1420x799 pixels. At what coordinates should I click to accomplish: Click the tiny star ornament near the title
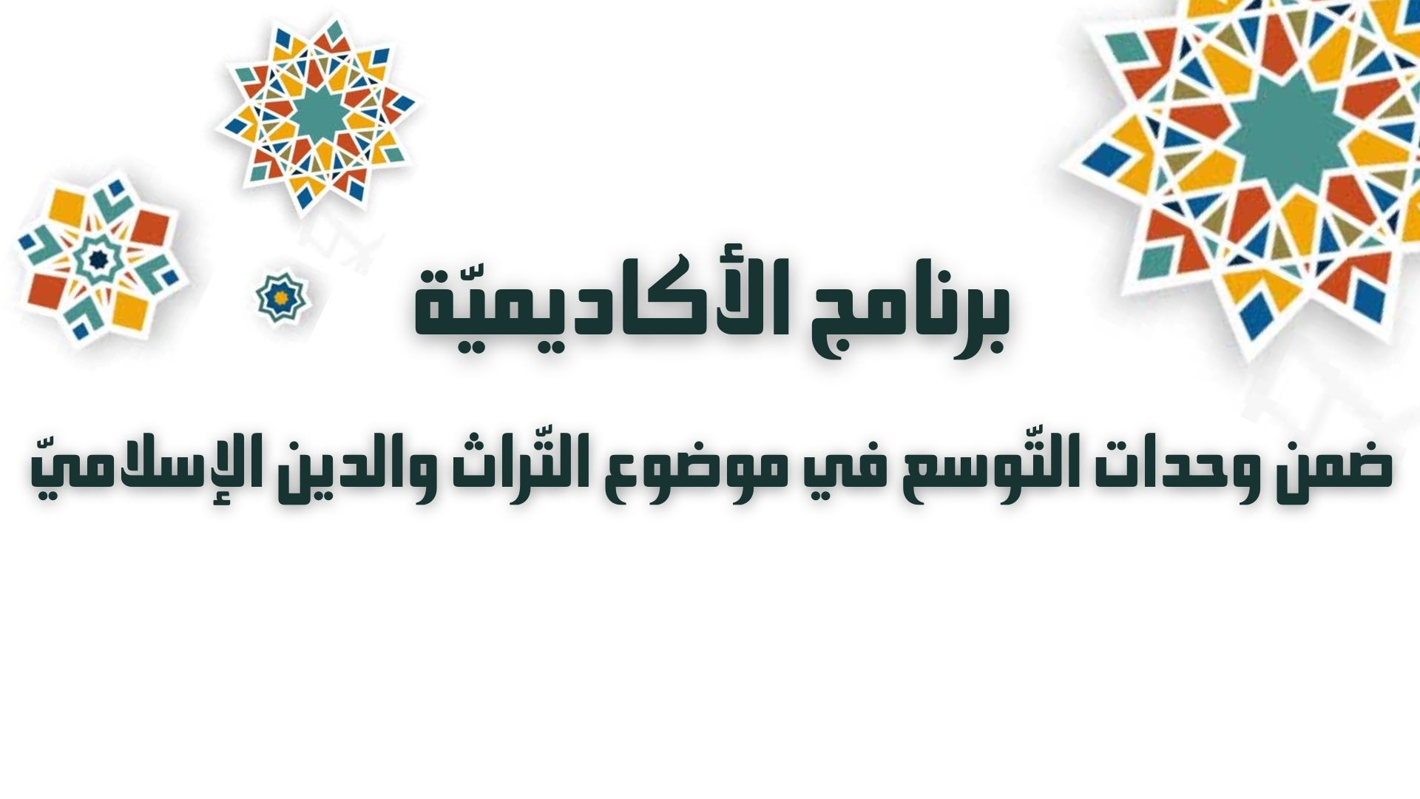[281, 297]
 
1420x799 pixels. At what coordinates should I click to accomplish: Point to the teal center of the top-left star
[318, 115]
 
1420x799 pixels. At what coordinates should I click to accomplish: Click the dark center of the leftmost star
[95, 259]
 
